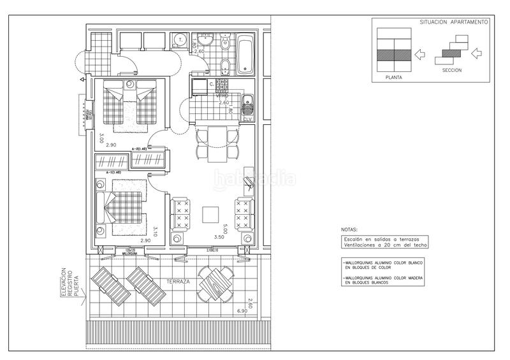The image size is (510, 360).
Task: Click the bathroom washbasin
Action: (x=205, y=38)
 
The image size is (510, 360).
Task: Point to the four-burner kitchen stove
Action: (x=222, y=85)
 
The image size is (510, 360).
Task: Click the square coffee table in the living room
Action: (x=210, y=214)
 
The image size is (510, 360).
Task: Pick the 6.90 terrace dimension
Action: (x=242, y=311)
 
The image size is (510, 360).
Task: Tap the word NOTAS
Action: (x=349, y=229)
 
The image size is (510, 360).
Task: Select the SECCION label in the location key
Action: (x=451, y=70)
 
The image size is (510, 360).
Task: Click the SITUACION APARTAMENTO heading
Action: (x=454, y=22)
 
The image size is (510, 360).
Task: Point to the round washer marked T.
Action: (x=180, y=40)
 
